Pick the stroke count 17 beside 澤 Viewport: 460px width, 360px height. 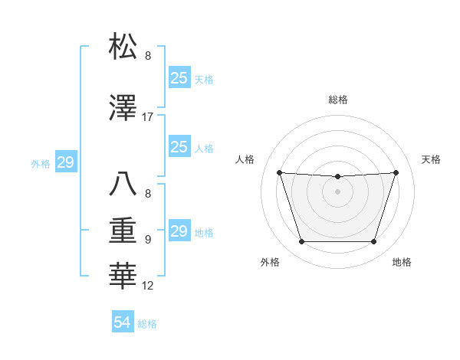[x=148, y=117]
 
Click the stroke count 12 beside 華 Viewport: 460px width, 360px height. [x=148, y=286]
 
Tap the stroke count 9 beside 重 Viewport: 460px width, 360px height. [x=148, y=239]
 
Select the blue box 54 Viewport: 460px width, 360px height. [x=122, y=322]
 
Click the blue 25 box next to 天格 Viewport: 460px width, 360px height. [x=179, y=77]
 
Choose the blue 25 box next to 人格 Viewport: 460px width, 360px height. [x=179, y=147]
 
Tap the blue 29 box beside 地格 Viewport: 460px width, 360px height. [x=179, y=231]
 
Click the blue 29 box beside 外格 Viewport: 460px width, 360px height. [x=65, y=162]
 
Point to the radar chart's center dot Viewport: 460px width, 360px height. [x=337, y=191]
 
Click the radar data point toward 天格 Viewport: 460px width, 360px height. [x=396, y=172]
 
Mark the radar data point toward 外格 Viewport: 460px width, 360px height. [x=301, y=242]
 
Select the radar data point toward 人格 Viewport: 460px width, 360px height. [x=279, y=172]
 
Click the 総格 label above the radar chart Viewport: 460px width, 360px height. [x=337, y=100]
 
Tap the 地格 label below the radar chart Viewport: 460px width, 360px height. [x=402, y=262]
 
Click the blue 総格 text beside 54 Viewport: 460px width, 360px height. [x=147, y=324]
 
